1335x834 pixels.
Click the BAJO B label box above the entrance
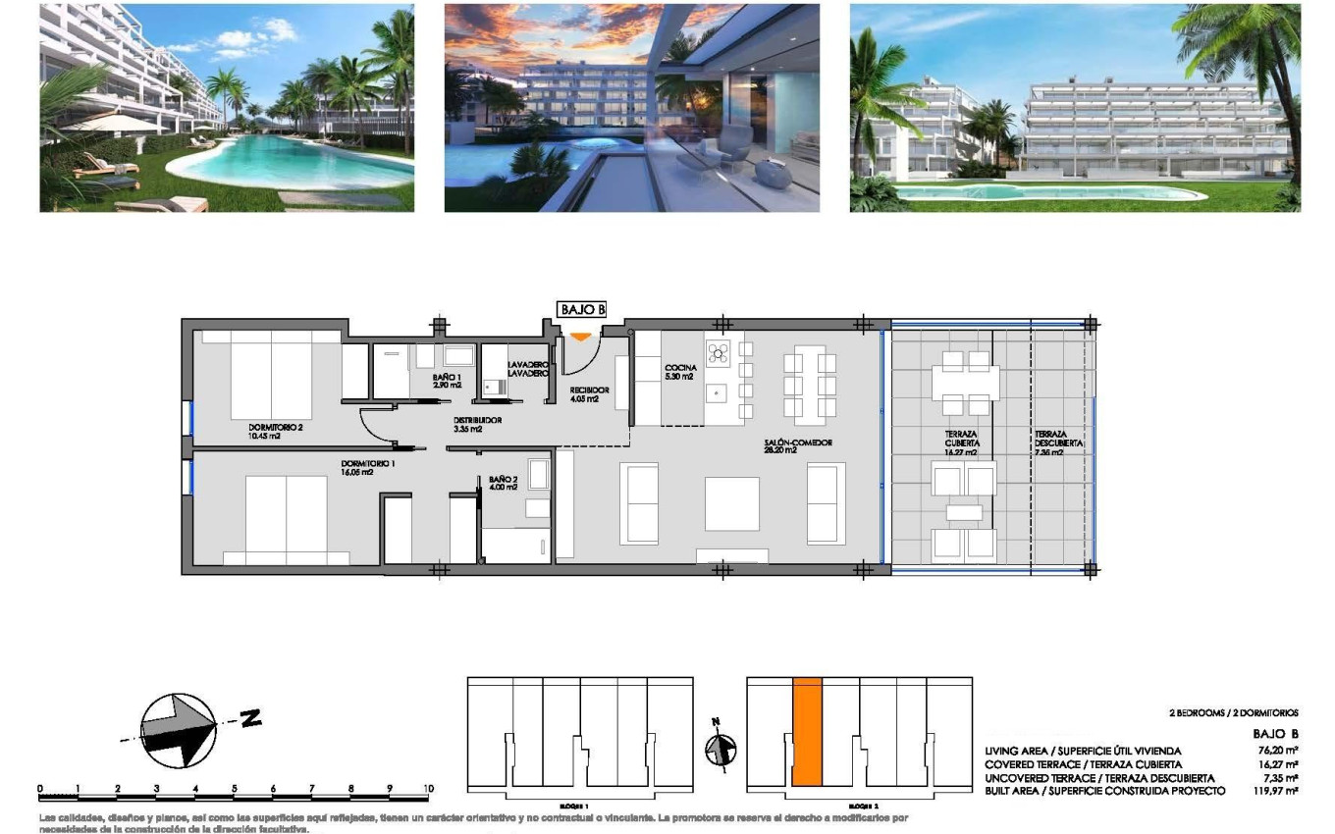[x=582, y=309]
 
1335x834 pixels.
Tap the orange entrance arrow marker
[x=580, y=337]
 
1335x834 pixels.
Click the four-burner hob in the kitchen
[x=718, y=352]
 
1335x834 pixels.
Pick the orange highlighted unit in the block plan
[x=807, y=731]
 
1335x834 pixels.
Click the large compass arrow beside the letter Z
[x=180, y=729]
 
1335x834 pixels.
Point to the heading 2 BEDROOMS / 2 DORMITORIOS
[x=1233, y=713]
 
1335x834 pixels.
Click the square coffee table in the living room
[x=732, y=503]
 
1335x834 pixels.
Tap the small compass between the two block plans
[x=720, y=751]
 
